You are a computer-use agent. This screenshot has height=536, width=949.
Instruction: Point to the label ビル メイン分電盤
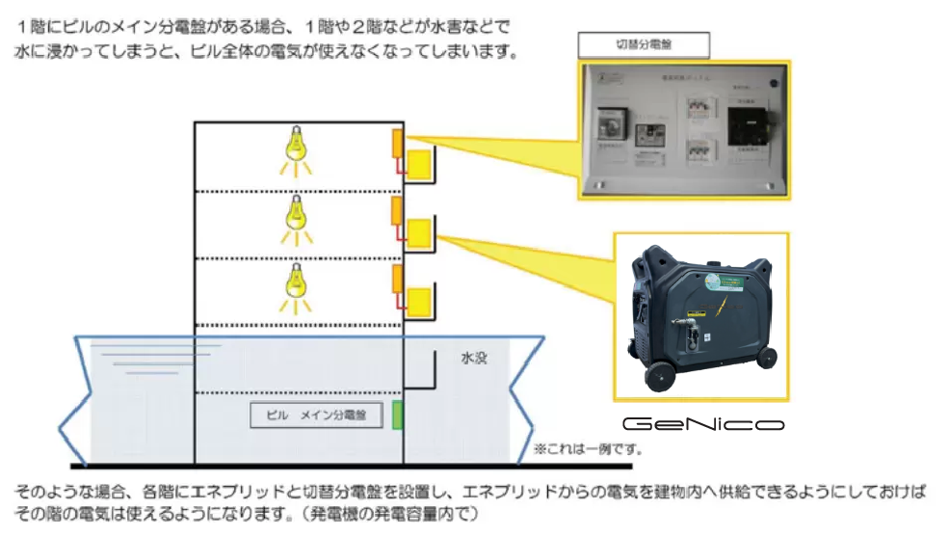(315, 415)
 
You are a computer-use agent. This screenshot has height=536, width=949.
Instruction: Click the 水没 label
(475, 357)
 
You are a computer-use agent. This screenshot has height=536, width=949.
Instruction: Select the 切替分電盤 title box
(643, 44)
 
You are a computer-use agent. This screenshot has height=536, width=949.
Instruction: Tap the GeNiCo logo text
(702, 424)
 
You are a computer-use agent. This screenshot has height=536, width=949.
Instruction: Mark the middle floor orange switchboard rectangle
(396, 211)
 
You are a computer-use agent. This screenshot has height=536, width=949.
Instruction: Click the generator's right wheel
(766, 356)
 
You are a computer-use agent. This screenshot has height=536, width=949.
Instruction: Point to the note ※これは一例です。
(588, 448)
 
